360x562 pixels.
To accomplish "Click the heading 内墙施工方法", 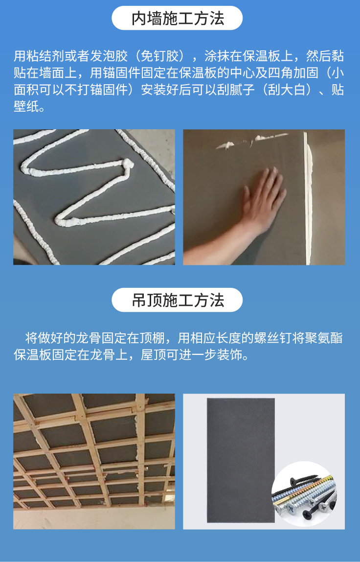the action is (x=178, y=18).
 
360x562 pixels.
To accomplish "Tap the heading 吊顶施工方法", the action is (x=178, y=300).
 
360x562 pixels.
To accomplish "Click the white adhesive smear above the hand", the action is (x=251, y=140).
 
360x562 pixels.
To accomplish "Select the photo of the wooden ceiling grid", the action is (x=94, y=462).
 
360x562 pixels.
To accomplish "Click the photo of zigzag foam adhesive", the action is (x=94, y=197).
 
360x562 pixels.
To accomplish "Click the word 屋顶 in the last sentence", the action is (x=153, y=355).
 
